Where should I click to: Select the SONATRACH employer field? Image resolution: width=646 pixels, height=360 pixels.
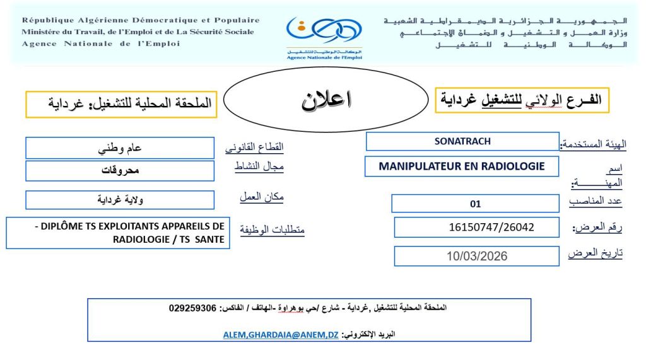(x=462, y=141)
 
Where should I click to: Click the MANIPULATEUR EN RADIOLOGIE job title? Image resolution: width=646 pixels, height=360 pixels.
(x=461, y=166)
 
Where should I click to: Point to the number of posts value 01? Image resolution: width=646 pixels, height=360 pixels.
(x=475, y=204)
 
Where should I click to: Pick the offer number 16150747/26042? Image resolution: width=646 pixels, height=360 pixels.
(x=476, y=227)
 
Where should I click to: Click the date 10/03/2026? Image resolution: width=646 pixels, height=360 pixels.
(x=476, y=256)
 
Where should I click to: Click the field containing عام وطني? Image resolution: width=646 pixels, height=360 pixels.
(x=120, y=148)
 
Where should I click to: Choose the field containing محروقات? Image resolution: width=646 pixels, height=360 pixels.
(x=120, y=171)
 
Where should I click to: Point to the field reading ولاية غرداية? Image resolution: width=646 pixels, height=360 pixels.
(x=120, y=200)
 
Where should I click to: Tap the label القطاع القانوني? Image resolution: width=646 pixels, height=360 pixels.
(x=254, y=148)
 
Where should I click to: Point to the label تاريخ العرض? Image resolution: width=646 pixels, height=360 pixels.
(x=595, y=253)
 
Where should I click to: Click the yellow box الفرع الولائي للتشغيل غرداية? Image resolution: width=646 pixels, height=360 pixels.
(x=522, y=100)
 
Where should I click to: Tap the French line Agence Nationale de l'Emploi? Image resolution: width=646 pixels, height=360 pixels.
(x=101, y=44)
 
